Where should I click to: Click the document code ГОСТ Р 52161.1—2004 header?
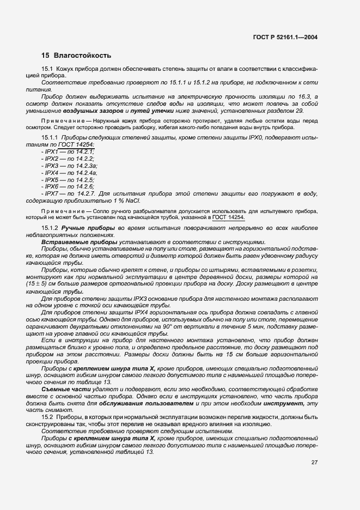coord(285,38)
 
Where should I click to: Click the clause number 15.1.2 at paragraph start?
coord(50,227)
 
